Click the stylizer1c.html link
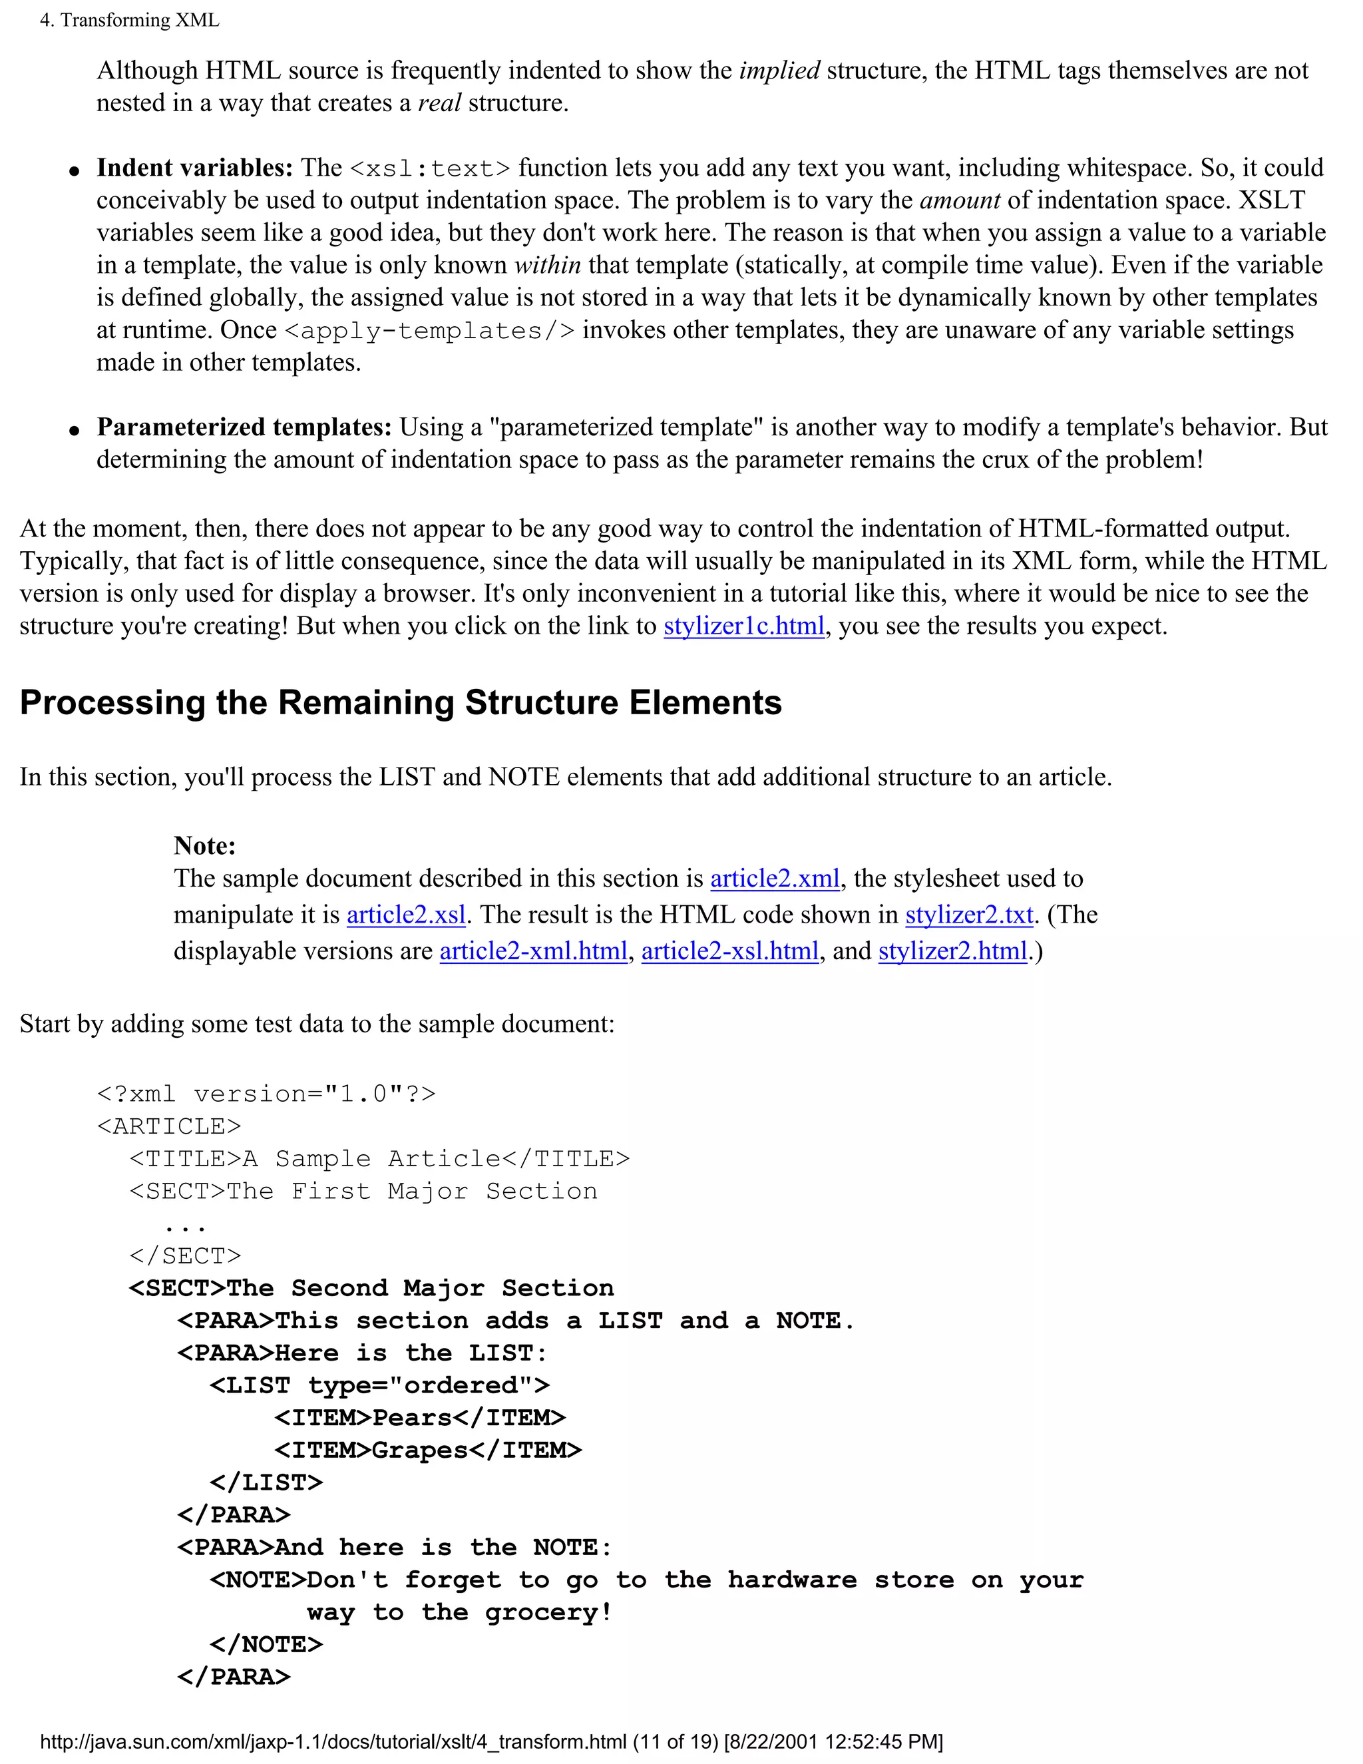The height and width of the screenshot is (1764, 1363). pyautogui.click(x=743, y=626)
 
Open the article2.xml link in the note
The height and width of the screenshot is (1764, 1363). pyautogui.click(x=775, y=878)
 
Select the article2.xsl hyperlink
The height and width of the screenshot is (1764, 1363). pyautogui.click(x=406, y=915)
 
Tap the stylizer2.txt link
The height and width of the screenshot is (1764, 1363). pyautogui.click(x=969, y=915)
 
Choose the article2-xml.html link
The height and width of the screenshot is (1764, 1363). pyautogui.click(x=533, y=951)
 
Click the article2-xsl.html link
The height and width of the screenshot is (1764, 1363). pyautogui.click(x=730, y=951)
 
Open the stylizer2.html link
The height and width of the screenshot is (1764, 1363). pyautogui.click(x=953, y=951)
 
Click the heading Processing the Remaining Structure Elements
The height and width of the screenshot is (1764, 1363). pyautogui.click(x=401, y=703)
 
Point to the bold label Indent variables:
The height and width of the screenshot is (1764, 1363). pyautogui.click(x=194, y=168)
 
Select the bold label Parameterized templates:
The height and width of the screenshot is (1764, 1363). pyautogui.click(x=244, y=427)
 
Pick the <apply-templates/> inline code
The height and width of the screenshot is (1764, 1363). pyautogui.click(x=431, y=331)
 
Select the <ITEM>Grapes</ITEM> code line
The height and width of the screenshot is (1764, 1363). pyautogui.click(x=428, y=1450)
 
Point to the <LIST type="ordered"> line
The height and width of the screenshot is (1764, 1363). pyautogui.click(x=379, y=1386)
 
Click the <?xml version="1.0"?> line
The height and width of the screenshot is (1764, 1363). pyautogui.click(x=266, y=1094)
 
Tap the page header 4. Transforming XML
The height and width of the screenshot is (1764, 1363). pyautogui.click(x=130, y=20)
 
